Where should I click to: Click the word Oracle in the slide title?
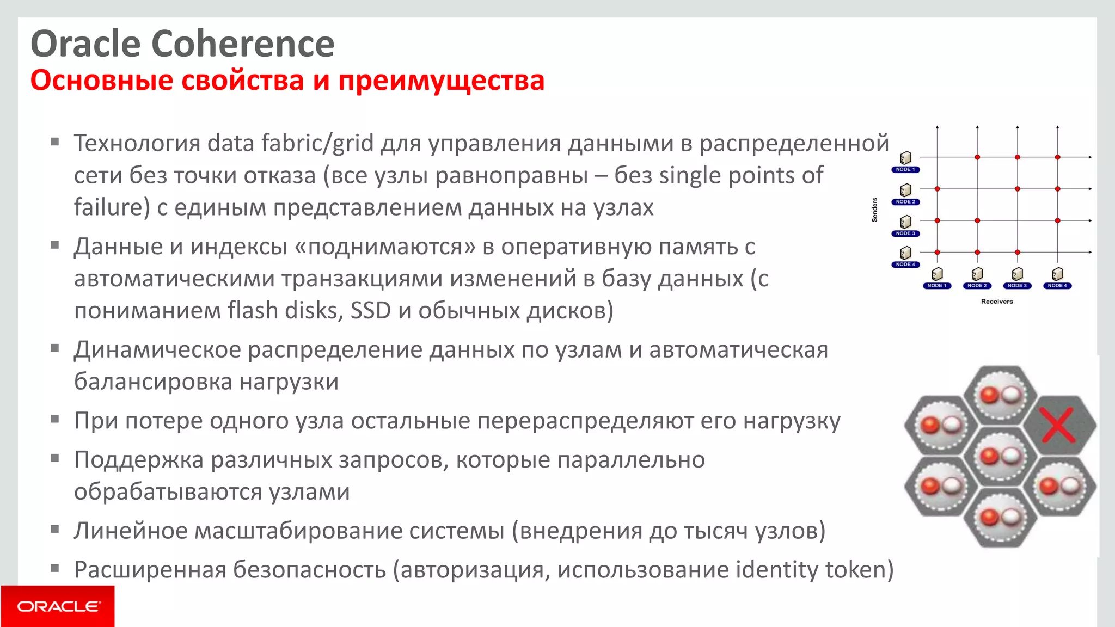click(85, 44)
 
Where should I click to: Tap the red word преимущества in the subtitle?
click(441, 81)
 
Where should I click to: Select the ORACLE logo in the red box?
click(58, 606)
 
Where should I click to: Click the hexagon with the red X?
click(1058, 425)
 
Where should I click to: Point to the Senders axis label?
click(874, 210)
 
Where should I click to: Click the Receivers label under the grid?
click(997, 302)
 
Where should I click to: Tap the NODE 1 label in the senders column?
click(905, 170)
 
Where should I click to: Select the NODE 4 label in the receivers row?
click(1057, 286)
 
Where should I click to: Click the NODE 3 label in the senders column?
click(905, 233)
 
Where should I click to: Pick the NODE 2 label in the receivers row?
click(977, 286)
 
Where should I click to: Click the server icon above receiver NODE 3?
click(1017, 273)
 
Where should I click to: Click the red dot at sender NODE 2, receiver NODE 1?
click(938, 189)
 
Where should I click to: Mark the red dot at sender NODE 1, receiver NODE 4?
click(1057, 157)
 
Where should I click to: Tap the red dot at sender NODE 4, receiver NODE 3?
click(1017, 252)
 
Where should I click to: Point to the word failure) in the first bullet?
click(112, 207)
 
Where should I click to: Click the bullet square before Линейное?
click(54, 528)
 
